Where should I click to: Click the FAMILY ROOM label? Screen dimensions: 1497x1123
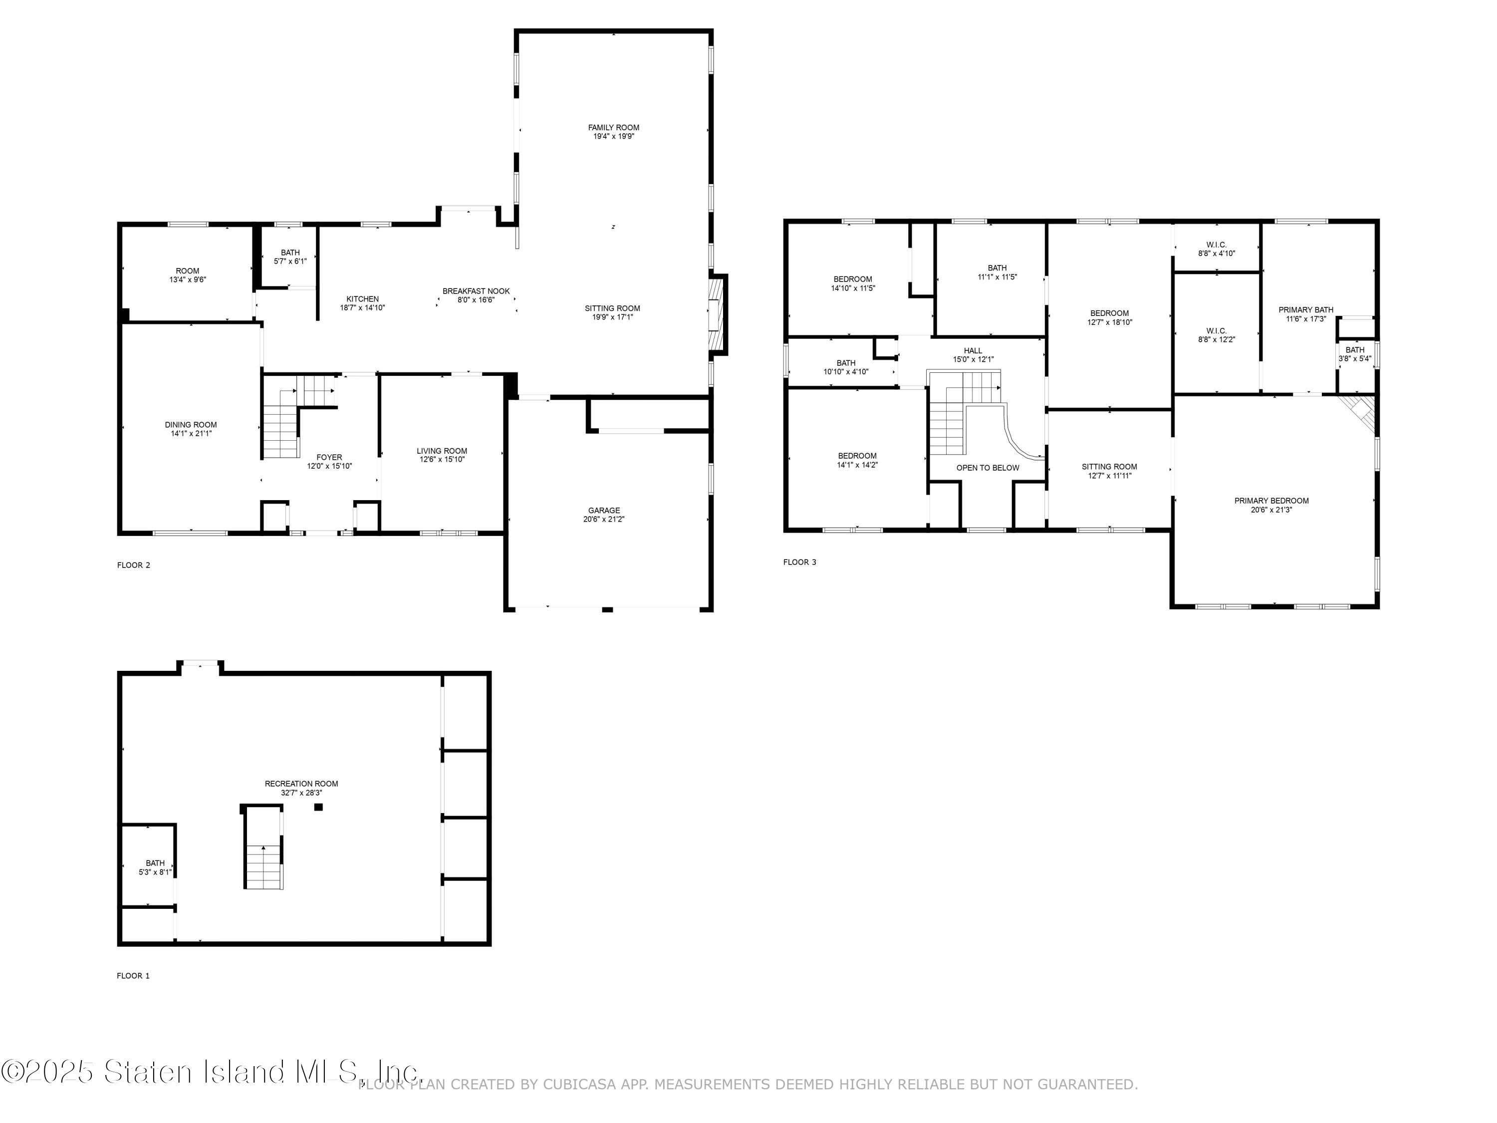(613, 127)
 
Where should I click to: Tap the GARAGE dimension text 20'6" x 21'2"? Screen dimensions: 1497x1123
(604, 519)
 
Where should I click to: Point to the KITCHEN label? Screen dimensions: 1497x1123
(363, 299)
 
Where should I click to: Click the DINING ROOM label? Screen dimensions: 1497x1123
(191, 425)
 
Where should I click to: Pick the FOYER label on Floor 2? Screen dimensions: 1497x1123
(329, 458)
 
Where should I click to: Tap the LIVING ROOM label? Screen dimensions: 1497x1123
(442, 451)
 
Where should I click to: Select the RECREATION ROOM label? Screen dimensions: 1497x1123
(301, 784)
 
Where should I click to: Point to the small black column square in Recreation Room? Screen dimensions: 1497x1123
(318, 807)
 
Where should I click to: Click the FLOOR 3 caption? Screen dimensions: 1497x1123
(800, 562)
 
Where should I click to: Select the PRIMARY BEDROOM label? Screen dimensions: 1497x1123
(1271, 501)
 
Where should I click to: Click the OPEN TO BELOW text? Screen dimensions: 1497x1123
(988, 468)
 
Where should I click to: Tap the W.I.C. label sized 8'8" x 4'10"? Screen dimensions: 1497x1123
(1216, 245)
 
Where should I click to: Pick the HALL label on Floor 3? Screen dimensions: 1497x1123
(973, 351)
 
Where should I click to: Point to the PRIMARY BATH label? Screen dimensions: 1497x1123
(1305, 310)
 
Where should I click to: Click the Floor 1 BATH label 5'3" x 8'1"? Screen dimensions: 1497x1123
(155, 863)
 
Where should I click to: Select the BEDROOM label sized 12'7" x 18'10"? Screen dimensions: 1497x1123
(1109, 313)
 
